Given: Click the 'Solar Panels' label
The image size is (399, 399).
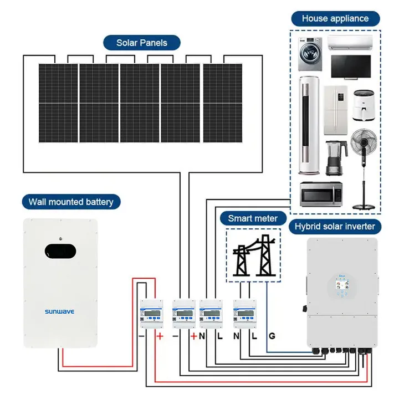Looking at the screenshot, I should [141, 42].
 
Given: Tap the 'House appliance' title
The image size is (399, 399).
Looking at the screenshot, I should [335, 18].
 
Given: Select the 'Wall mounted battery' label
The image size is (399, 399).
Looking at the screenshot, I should [71, 201].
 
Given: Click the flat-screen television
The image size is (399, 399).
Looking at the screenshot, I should [350, 66].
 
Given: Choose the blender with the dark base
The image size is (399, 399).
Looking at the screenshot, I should [332, 157].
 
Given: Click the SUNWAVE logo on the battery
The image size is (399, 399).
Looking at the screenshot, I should [59, 312].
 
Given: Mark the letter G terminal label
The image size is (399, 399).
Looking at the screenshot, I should [272, 336].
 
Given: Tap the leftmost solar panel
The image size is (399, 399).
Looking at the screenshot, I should [58, 103].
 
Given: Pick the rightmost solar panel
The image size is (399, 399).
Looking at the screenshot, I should [222, 103].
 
